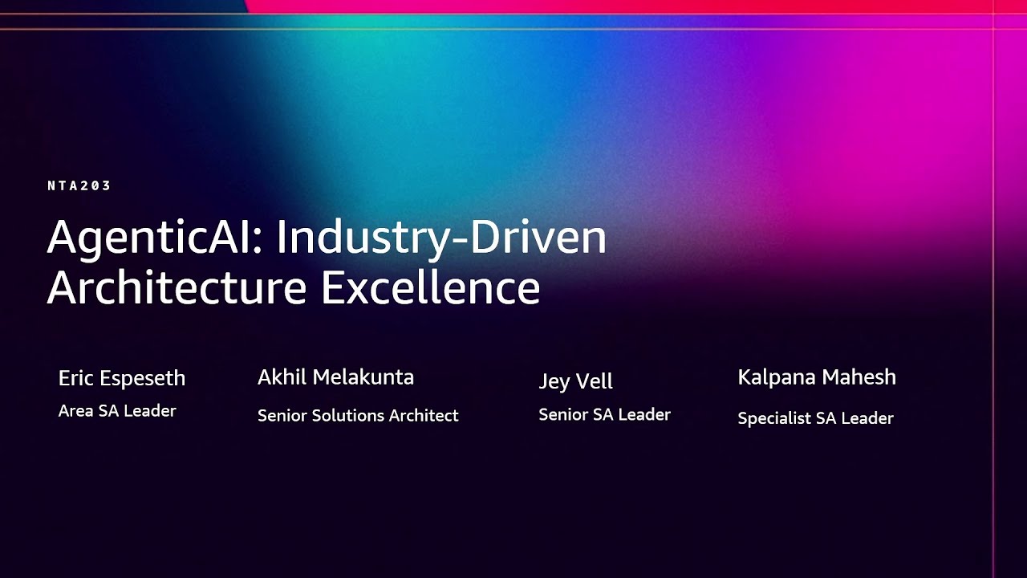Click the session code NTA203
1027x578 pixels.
click(79, 185)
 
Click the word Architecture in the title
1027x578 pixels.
click(177, 287)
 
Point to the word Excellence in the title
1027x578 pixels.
click(430, 287)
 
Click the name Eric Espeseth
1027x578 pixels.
click(122, 378)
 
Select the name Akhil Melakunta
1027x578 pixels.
click(335, 377)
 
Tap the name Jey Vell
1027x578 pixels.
click(575, 381)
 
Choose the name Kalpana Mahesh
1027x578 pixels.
click(817, 377)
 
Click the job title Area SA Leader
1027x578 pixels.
click(117, 411)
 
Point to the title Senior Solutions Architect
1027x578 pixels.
click(358, 416)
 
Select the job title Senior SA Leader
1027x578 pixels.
click(604, 415)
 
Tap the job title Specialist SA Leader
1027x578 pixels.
click(815, 418)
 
